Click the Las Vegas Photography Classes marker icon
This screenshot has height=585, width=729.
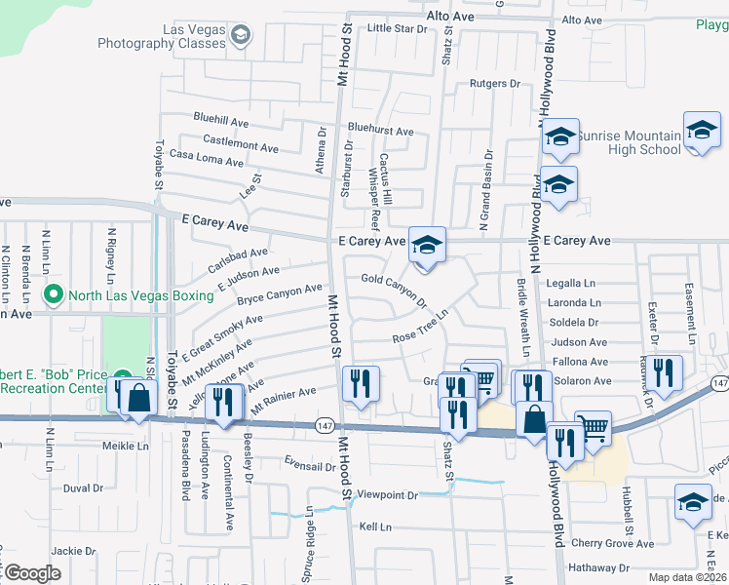240,38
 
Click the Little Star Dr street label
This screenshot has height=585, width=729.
398,29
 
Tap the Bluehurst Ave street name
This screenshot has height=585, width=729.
380,131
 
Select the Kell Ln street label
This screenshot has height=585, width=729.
375,526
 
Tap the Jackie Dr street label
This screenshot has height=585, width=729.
72,551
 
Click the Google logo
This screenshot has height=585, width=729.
32,573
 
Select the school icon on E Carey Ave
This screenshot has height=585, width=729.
425,247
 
